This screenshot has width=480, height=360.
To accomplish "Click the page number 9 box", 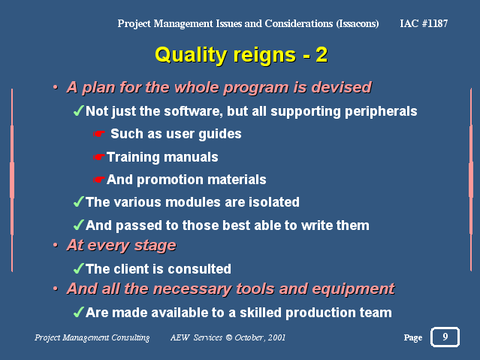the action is coord(445,337).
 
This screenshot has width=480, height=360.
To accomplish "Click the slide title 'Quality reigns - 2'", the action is coord(241,55).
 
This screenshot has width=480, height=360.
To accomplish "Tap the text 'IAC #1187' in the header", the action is coord(424,23).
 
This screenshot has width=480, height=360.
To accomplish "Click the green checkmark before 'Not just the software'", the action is coord(79,110).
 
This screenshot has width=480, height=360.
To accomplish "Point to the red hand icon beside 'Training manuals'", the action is coord(99,157).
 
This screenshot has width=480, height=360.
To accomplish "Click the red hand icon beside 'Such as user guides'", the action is coord(99,134).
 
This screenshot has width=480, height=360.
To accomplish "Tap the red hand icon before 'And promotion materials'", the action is coord(99,179).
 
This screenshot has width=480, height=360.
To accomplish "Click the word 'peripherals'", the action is coord(381,112).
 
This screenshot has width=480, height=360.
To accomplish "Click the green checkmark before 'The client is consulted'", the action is coord(79,268).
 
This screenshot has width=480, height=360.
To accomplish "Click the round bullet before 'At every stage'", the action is coord(56,245).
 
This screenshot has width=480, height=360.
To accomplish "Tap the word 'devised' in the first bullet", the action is coord(341,87).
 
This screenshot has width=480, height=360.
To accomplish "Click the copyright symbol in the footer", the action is coord(228,337).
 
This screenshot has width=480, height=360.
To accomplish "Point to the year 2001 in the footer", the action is coord(276,337).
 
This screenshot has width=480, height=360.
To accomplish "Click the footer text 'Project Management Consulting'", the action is coord(92,337).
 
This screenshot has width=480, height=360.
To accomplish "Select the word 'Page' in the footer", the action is coord(413,338).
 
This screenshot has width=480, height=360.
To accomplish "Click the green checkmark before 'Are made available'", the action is coord(79,312).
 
